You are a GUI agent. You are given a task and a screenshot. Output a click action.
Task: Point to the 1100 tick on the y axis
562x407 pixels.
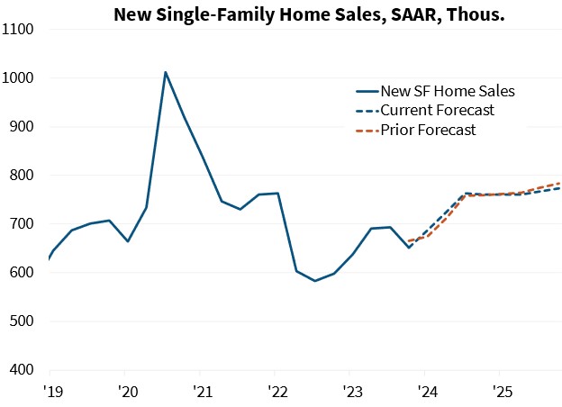click(x=19, y=30)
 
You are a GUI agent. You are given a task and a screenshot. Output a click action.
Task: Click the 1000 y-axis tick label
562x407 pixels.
click(x=19, y=78)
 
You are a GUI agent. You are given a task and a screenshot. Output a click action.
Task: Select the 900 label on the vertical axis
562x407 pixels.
click(x=23, y=127)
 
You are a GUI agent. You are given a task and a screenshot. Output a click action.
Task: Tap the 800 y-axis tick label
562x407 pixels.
click(x=23, y=176)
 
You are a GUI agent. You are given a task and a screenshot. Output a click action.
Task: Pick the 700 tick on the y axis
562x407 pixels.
click(x=23, y=224)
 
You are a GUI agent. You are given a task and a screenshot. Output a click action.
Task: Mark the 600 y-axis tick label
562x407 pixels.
click(x=23, y=273)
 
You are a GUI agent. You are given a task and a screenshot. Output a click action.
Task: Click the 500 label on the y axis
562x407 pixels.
click(x=23, y=321)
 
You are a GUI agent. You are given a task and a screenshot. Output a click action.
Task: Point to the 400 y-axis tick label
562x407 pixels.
click(x=23, y=370)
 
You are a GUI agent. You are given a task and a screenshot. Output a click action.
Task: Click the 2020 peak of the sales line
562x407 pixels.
click(x=165, y=72)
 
